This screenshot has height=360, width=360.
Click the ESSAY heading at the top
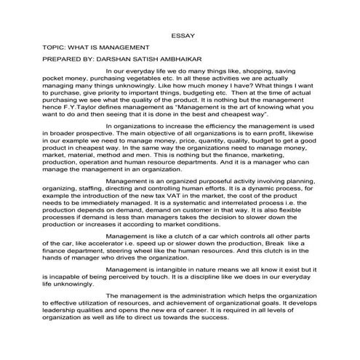(181, 34)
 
